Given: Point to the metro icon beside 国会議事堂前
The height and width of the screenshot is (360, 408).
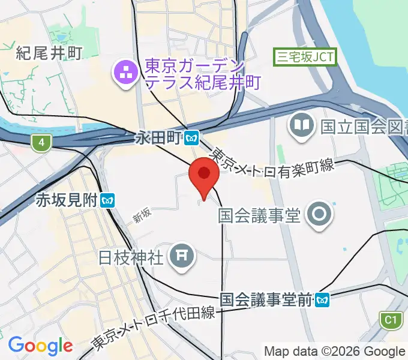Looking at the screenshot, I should pyautogui.click(x=323, y=298).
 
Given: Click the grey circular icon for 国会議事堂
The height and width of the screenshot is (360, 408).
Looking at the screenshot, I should pyautogui.click(x=318, y=214).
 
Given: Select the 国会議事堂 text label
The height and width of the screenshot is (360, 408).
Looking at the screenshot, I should pyautogui.click(x=259, y=214).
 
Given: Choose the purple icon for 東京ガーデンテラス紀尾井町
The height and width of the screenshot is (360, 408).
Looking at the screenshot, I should pyautogui.click(x=126, y=74).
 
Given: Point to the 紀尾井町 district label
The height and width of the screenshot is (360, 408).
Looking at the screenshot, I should pyautogui.click(x=49, y=52).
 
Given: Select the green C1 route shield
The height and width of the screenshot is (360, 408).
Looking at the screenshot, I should pyautogui.click(x=391, y=320).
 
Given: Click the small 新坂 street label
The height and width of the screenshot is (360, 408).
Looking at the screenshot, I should pyautogui.click(x=142, y=215).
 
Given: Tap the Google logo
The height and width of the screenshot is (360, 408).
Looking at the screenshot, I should pyautogui.click(x=40, y=345).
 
